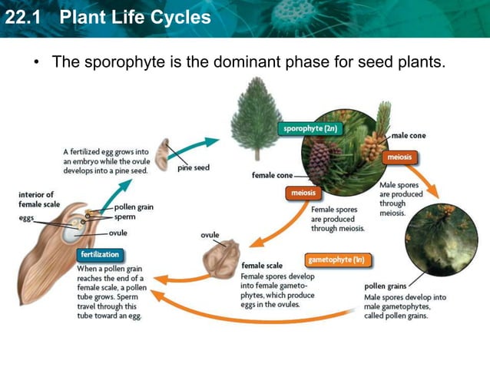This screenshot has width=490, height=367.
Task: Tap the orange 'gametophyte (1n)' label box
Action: click(x=336, y=260)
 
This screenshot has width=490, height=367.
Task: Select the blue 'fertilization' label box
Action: click(x=101, y=254)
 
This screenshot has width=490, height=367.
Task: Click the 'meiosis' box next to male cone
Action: click(x=399, y=157)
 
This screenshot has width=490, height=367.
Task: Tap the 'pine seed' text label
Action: click(x=194, y=167)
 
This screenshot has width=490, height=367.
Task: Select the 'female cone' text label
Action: click(x=274, y=175)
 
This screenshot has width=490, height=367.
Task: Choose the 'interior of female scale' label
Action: click(x=36, y=200)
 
